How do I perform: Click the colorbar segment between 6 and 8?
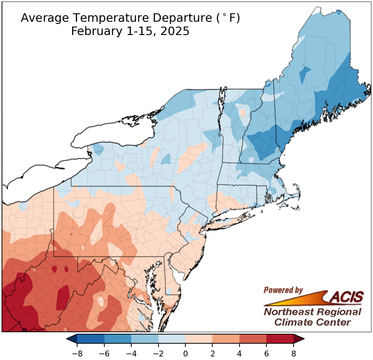point(280,339)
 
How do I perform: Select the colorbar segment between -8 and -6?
point(91,339)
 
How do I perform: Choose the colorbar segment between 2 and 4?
point(226,339)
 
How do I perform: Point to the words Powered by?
point(283,290)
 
